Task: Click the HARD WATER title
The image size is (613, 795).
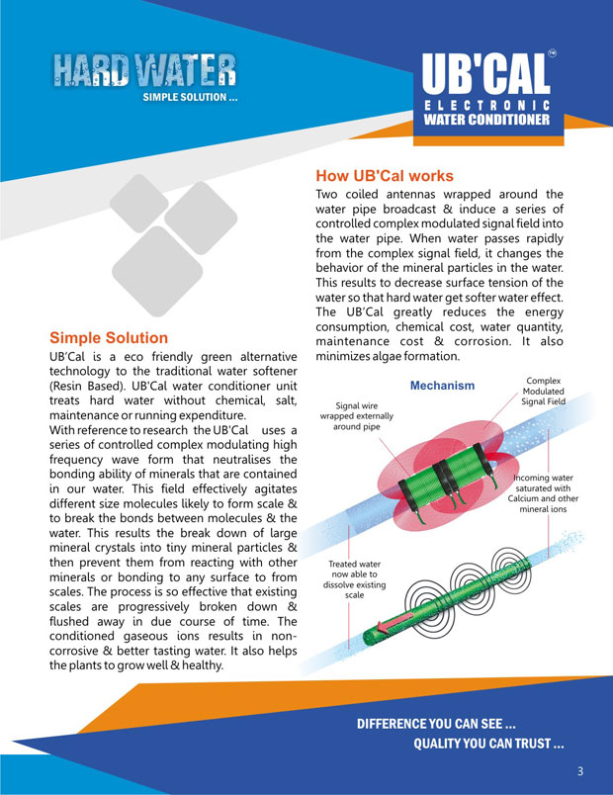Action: pyautogui.click(x=144, y=70)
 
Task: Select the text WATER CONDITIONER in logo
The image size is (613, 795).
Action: pyautogui.click(x=485, y=120)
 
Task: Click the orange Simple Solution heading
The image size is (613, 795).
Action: pyautogui.click(x=109, y=337)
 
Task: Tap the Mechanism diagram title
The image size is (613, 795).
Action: pyautogui.click(x=442, y=385)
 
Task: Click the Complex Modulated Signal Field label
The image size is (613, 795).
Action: pyautogui.click(x=543, y=392)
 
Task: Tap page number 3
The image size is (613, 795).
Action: pyautogui.click(x=581, y=770)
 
